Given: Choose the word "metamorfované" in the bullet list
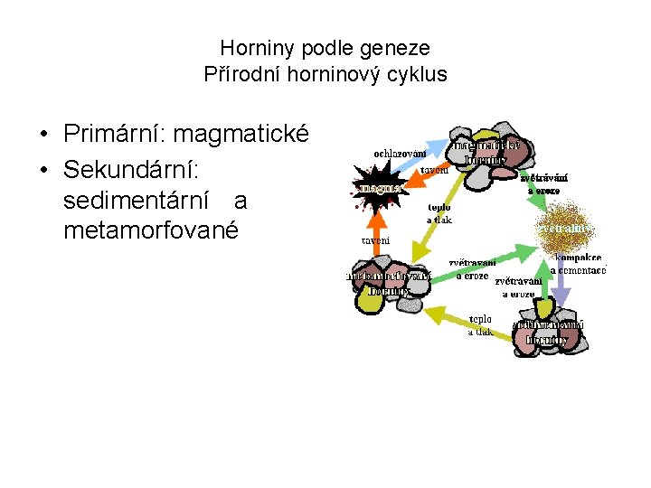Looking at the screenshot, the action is tap(151, 230).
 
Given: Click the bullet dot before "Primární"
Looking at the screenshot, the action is tap(44, 136).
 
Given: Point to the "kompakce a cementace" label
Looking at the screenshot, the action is tap(578, 263).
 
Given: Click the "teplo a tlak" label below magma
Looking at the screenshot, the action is tap(439, 213).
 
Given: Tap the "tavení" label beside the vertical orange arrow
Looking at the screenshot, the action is tap(375, 240).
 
